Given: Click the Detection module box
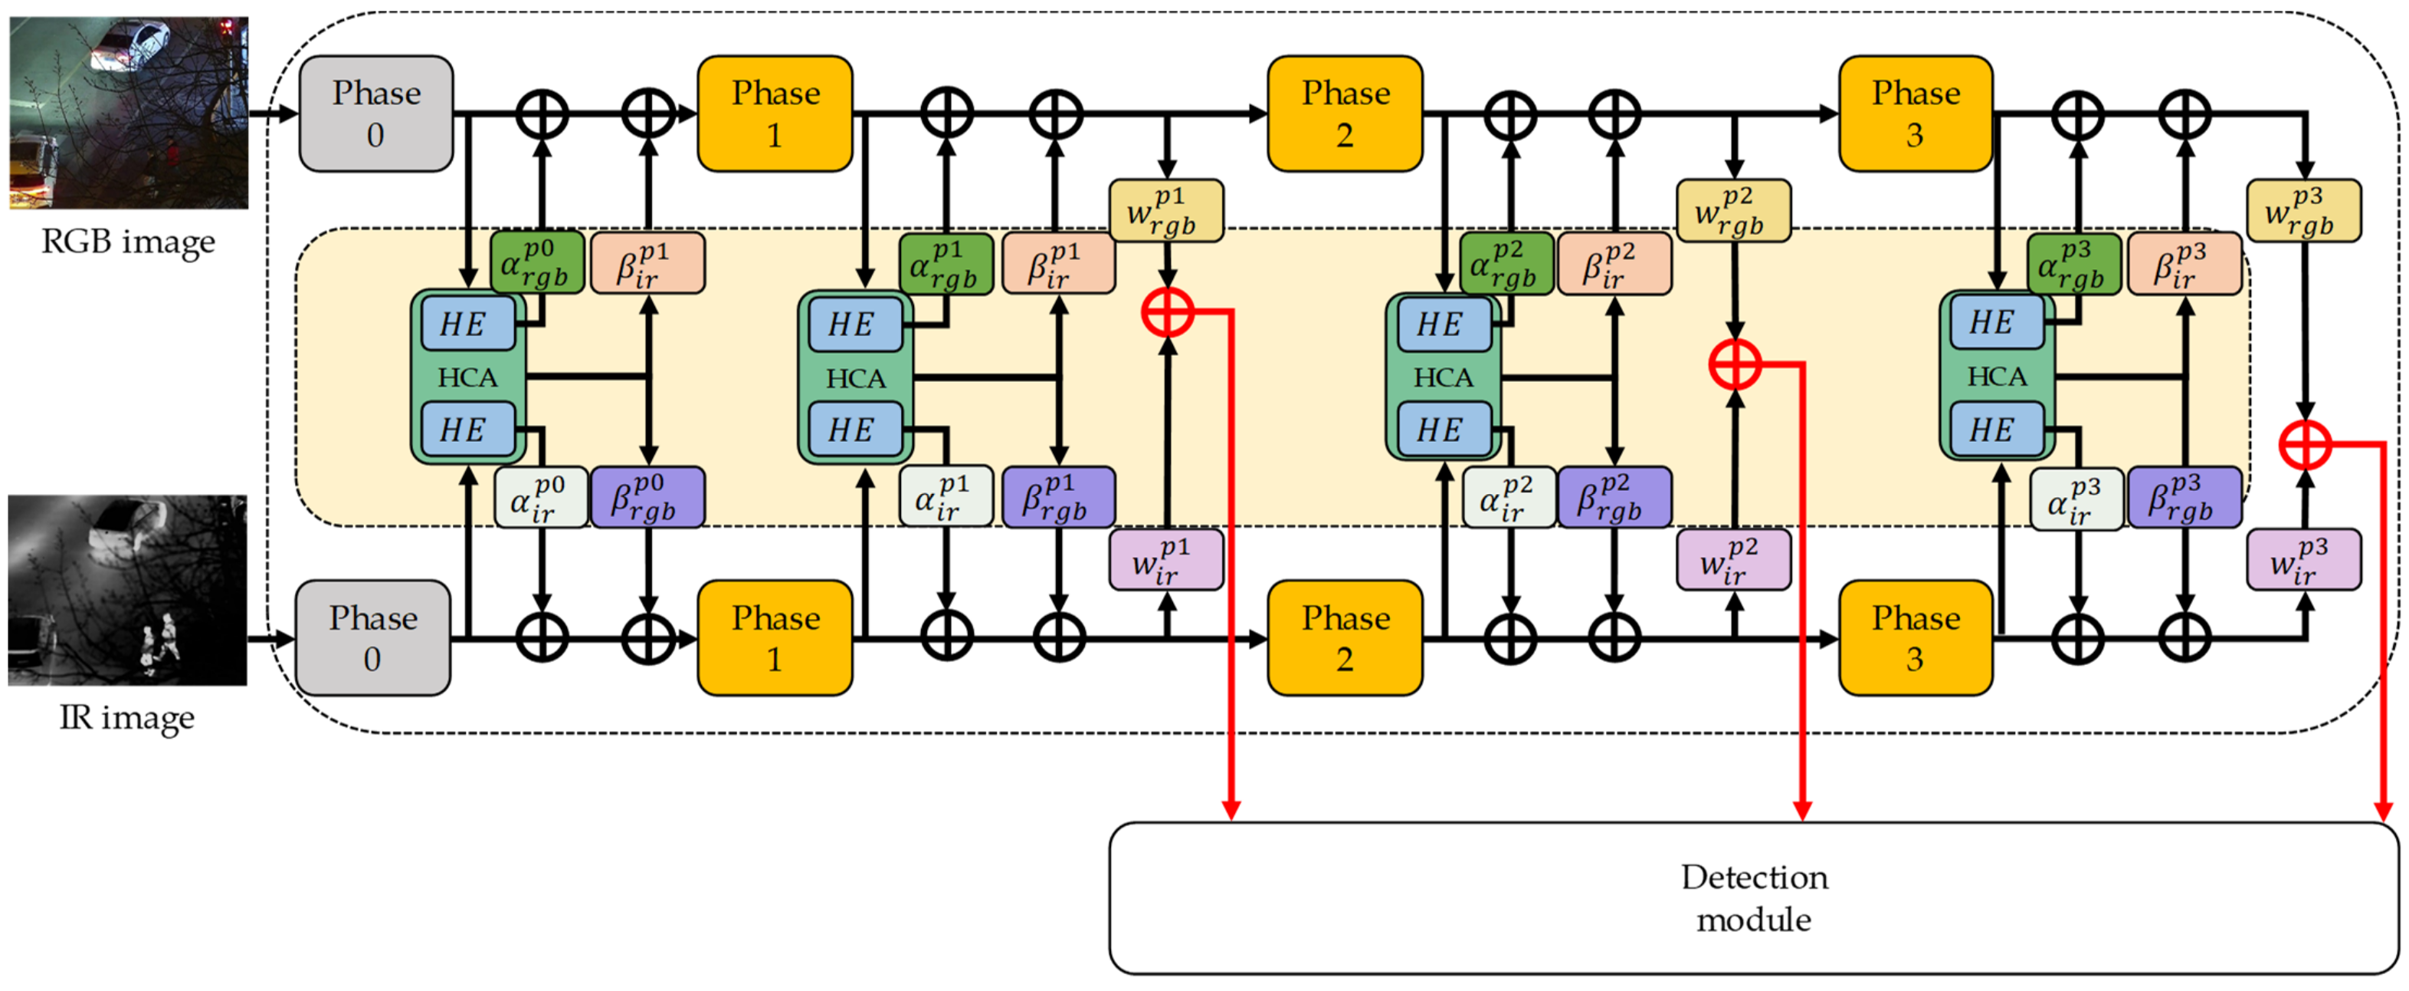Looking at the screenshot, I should click(x=1753, y=898).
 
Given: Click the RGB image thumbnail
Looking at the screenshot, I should click(x=129, y=112).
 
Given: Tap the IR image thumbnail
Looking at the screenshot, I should click(x=128, y=591).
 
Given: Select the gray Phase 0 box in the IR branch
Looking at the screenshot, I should click(x=373, y=638).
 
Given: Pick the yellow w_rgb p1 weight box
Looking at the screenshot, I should click(x=1165, y=212).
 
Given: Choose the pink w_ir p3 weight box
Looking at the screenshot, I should click(x=2302, y=561).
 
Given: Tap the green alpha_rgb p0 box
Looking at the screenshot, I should click(x=537, y=263).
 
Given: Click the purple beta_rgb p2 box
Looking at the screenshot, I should click(x=1614, y=497).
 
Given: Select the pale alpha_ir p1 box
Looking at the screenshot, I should click(x=946, y=497).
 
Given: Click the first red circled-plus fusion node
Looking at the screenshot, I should click(x=1167, y=311).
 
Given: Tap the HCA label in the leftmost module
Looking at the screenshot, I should click(x=467, y=377).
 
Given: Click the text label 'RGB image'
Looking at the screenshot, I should click(x=128, y=242).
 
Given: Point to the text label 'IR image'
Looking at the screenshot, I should click(x=127, y=718).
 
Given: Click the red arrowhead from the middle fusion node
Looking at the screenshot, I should click(x=1801, y=811).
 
